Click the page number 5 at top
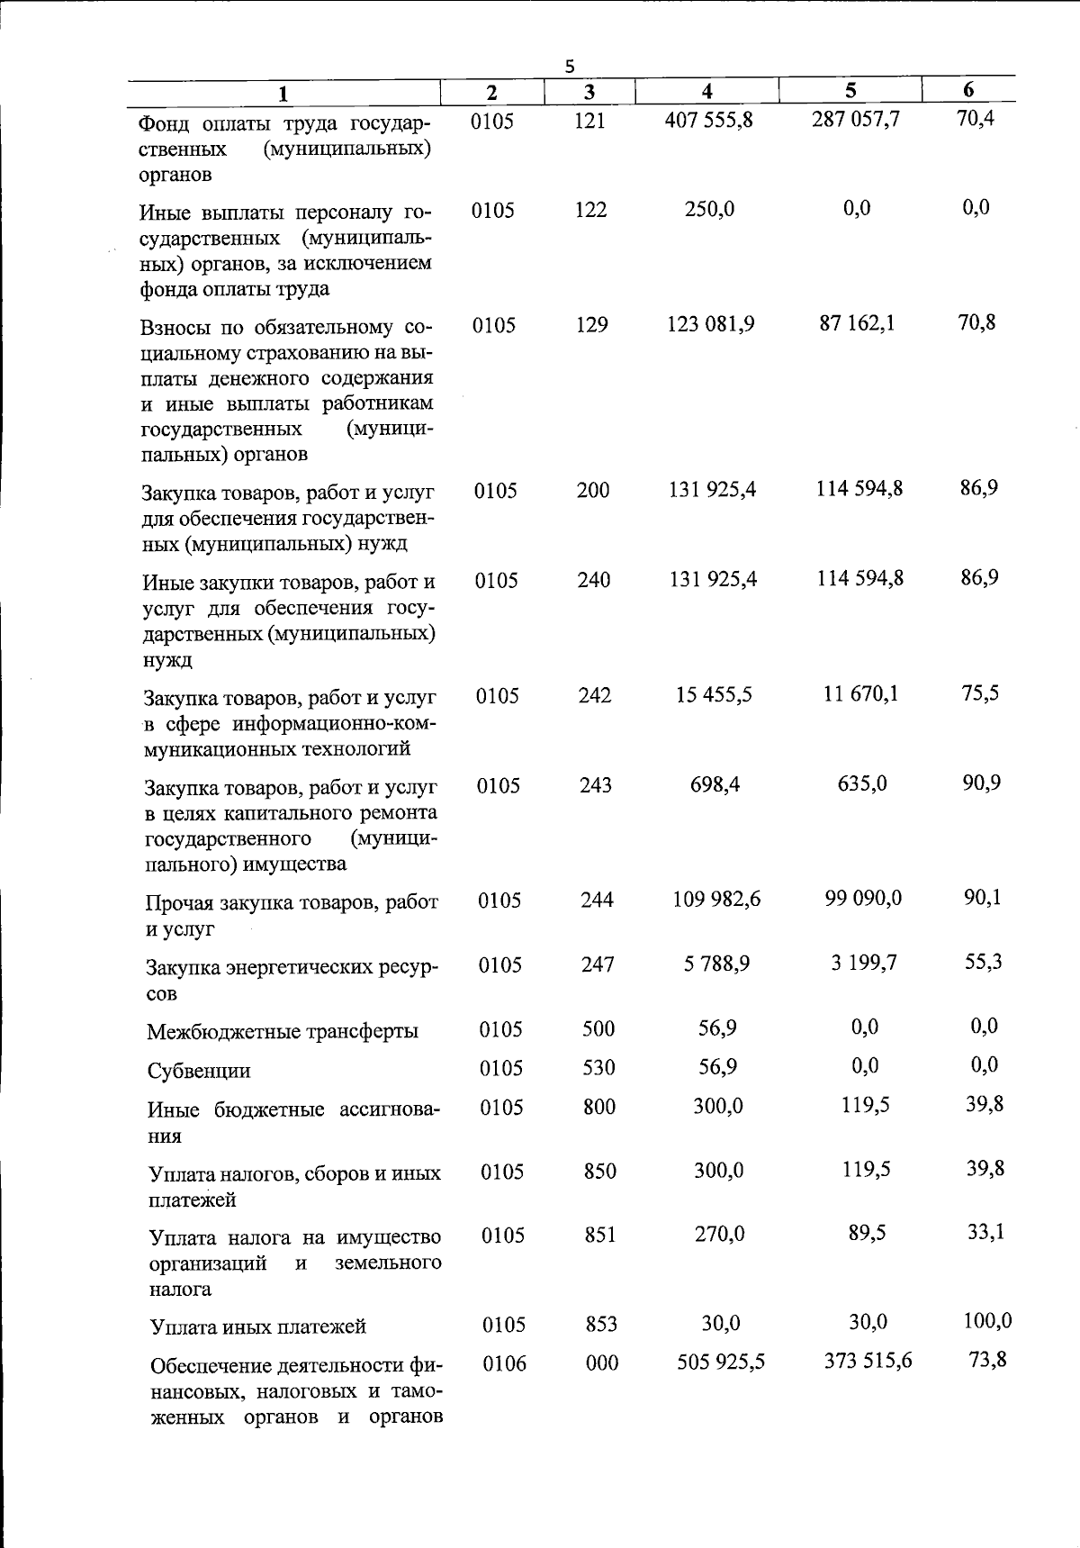point(569,66)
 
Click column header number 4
point(707,91)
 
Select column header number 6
point(968,89)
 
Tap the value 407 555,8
point(708,120)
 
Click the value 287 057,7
point(855,119)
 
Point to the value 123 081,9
point(711,324)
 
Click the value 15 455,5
point(715,695)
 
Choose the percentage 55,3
point(984,962)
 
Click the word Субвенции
point(199,1071)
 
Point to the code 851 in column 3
point(600,1235)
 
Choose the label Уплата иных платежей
point(258,1326)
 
